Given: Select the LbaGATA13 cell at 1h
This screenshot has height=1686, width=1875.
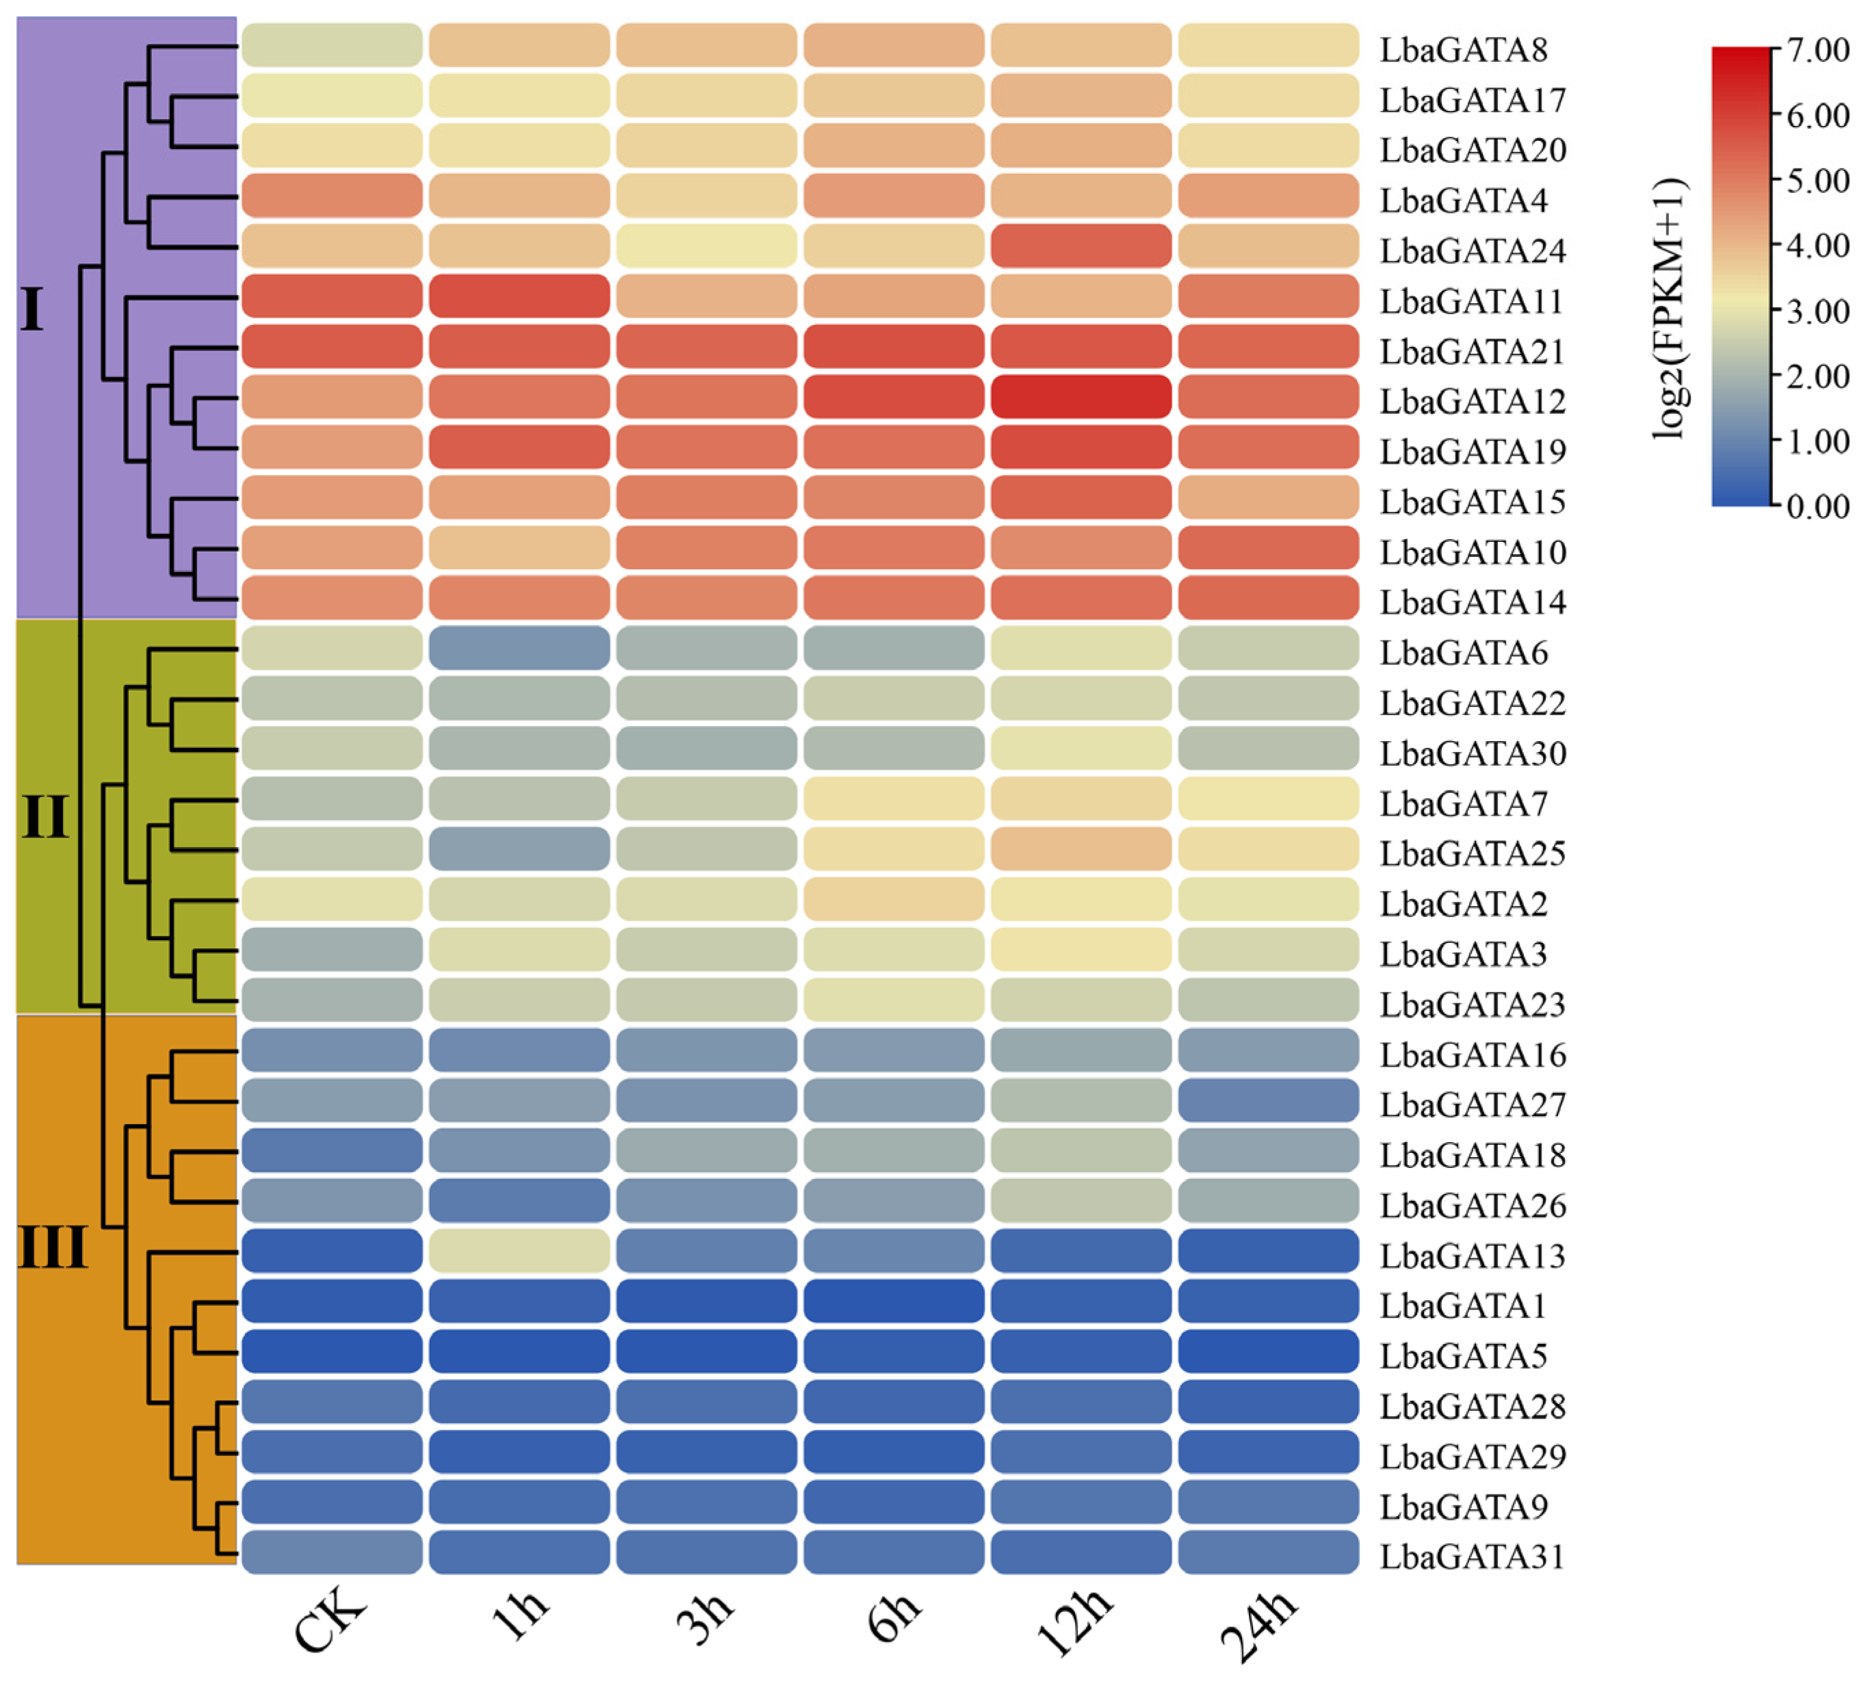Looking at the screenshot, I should [519, 1251].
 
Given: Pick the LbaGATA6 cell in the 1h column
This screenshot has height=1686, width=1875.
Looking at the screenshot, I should [519, 649].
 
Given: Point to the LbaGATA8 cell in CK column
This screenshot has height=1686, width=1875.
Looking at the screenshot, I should [332, 45].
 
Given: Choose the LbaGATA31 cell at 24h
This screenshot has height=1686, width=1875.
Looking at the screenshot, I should [1268, 1552].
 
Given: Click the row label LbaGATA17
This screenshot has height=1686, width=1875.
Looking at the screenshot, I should [1472, 100].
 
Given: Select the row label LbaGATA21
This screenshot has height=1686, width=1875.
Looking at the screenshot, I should [1472, 352].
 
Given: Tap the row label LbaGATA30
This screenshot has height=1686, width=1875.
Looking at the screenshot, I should [1472, 753].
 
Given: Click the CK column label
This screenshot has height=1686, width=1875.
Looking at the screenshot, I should [330, 1621].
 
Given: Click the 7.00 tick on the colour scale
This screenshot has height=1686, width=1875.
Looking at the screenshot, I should [1818, 50].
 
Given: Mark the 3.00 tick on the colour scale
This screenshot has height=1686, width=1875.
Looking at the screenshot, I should [1818, 311].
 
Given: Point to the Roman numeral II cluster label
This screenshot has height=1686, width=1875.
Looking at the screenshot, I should [44, 817].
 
